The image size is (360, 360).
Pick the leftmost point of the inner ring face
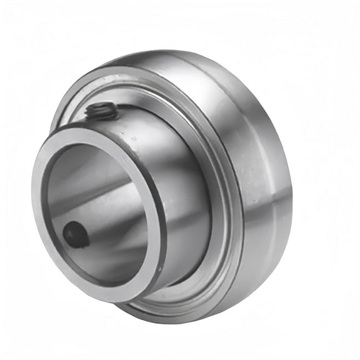(34, 206)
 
